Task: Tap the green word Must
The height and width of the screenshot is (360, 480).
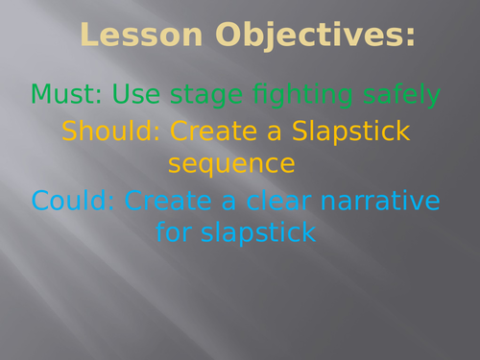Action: click(x=66, y=94)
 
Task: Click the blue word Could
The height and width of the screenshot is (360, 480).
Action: click(x=73, y=202)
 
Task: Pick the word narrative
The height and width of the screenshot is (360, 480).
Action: click(x=378, y=202)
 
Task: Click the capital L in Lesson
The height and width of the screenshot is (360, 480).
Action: click(x=90, y=36)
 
